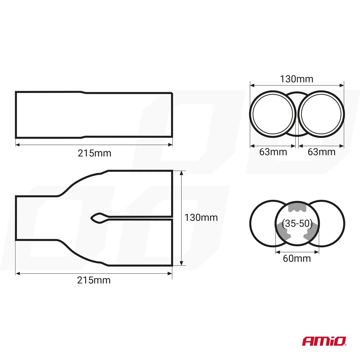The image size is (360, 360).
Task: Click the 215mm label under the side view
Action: [x=94, y=153]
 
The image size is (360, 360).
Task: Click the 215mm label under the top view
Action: [x=94, y=280]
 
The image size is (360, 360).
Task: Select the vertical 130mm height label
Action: [x=201, y=217]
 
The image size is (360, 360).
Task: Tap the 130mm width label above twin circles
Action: [x=296, y=79]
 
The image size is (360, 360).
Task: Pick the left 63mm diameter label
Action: [x=273, y=152]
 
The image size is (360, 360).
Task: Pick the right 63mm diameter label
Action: [x=321, y=152]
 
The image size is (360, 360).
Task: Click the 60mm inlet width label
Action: [x=297, y=259]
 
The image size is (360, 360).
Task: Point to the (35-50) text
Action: [x=297, y=223]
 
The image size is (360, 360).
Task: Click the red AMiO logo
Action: [x=324, y=341]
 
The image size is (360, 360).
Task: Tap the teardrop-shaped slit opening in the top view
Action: [x=97, y=218]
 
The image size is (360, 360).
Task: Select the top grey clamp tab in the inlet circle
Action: [x=297, y=207]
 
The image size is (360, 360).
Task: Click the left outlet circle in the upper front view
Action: [x=273, y=114]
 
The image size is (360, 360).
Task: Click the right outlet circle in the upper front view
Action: [x=321, y=114]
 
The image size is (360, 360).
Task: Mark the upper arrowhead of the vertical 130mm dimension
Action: [x=181, y=173]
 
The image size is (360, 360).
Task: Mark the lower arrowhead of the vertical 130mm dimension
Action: [x=181, y=263]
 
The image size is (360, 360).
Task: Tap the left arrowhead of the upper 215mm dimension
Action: [x=18, y=145]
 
